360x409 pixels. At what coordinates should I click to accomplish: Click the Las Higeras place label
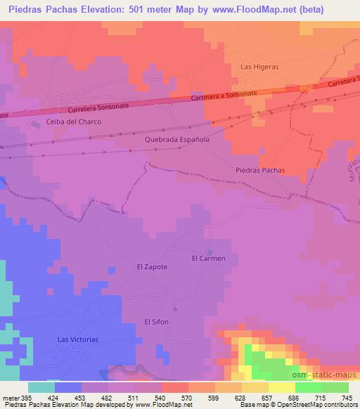(259, 67)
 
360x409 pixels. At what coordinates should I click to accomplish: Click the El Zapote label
(152, 267)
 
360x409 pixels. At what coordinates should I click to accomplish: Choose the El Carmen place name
(209, 259)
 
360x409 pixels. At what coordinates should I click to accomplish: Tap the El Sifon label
(157, 322)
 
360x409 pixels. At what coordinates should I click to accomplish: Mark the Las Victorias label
(78, 339)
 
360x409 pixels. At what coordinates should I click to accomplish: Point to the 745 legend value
(347, 398)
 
